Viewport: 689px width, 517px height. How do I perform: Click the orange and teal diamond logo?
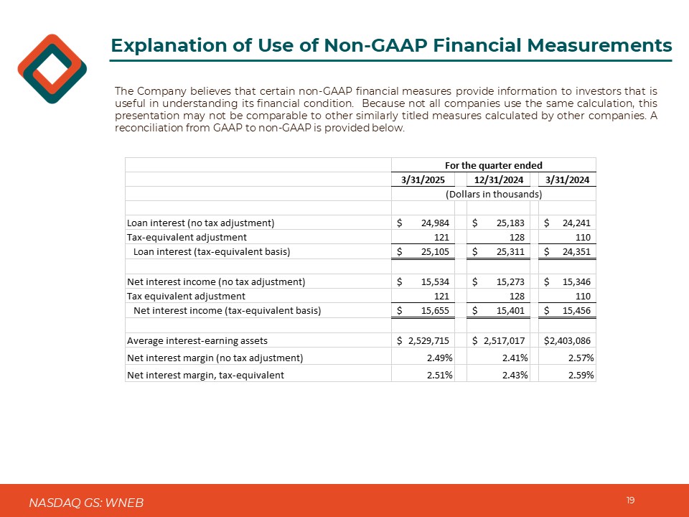pos(52,69)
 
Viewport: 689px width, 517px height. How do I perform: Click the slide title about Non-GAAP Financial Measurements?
pos(391,46)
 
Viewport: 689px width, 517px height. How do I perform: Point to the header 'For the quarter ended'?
pos(494,165)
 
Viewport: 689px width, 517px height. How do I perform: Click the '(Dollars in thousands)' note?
pos(494,194)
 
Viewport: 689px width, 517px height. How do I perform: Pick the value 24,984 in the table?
pos(434,223)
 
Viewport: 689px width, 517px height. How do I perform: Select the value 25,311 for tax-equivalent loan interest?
pos(510,251)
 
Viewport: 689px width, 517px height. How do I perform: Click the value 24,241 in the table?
pos(575,223)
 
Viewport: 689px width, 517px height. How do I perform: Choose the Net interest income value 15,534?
pos(434,281)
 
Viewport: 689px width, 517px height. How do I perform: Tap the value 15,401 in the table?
pos(510,310)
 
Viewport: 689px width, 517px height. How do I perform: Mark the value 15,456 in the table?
pos(575,310)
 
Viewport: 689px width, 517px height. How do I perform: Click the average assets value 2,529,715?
pos(428,340)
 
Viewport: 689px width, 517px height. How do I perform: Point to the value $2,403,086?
pos(570,340)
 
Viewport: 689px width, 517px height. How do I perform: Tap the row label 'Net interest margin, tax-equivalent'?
pos(205,375)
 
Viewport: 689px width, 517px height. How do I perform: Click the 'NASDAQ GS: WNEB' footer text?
pos(86,503)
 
